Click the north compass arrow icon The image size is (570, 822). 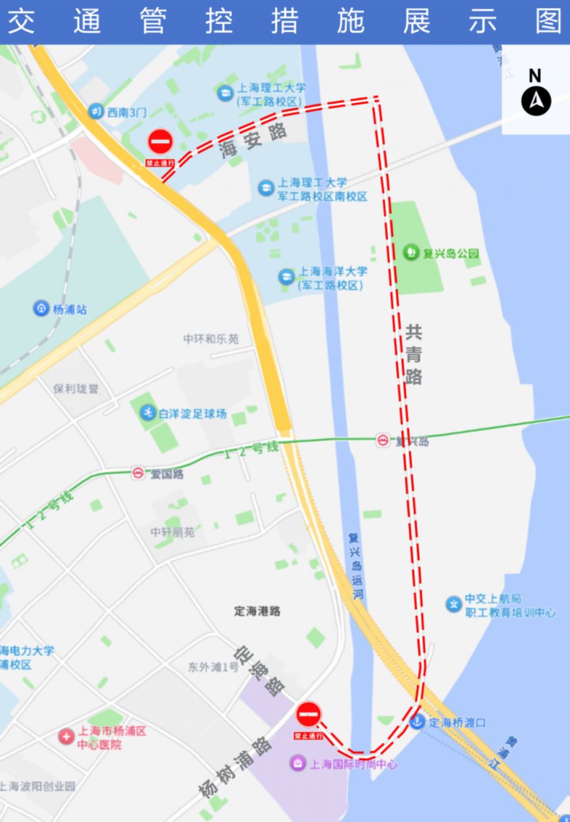pyautogui.click(x=536, y=101)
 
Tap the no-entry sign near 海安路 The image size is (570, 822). pyautogui.click(x=160, y=142)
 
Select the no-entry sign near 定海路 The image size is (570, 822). pyautogui.click(x=308, y=714)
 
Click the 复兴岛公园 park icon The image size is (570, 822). pyautogui.click(x=412, y=252)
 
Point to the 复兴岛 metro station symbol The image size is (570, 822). pyautogui.click(x=383, y=440)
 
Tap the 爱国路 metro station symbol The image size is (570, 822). pyautogui.click(x=138, y=473)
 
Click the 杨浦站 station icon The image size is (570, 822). pyautogui.click(x=42, y=308)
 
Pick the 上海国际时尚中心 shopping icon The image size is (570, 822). pyautogui.click(x=298, y=763)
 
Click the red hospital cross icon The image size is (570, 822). pyautogui.click(x=66, y=737)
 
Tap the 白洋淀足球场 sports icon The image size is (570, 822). pyautogui.click(x=147, y=413)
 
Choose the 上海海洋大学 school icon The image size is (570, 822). pyautogui.click(x=286, y=277)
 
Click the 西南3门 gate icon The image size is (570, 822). pyautogui.click(x=96, y=112)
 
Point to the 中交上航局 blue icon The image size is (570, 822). pyautogui.click(x=453, y=604)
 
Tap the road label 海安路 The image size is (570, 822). pyautogui.click(x=255, y=140)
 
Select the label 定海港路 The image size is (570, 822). pyautogui.click(x=257, y=611)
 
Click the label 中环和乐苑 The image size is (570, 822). pyautogui.click(x=211, y=339)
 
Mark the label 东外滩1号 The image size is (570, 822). pyautogui.click(x=213, y=667)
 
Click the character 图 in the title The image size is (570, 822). pyautogui.click(x=549, y=21)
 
